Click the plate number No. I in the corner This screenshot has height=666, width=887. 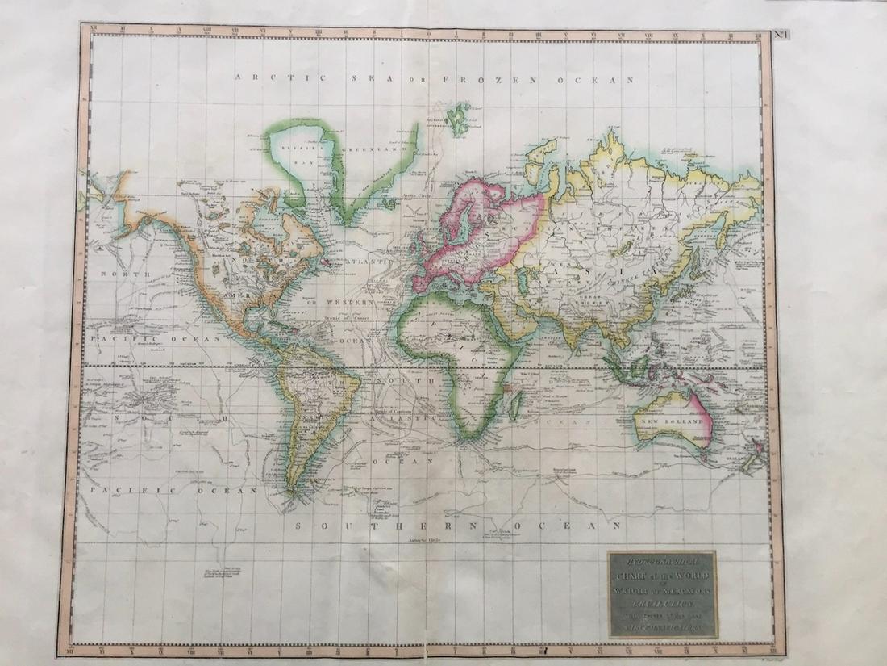(781, 33)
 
